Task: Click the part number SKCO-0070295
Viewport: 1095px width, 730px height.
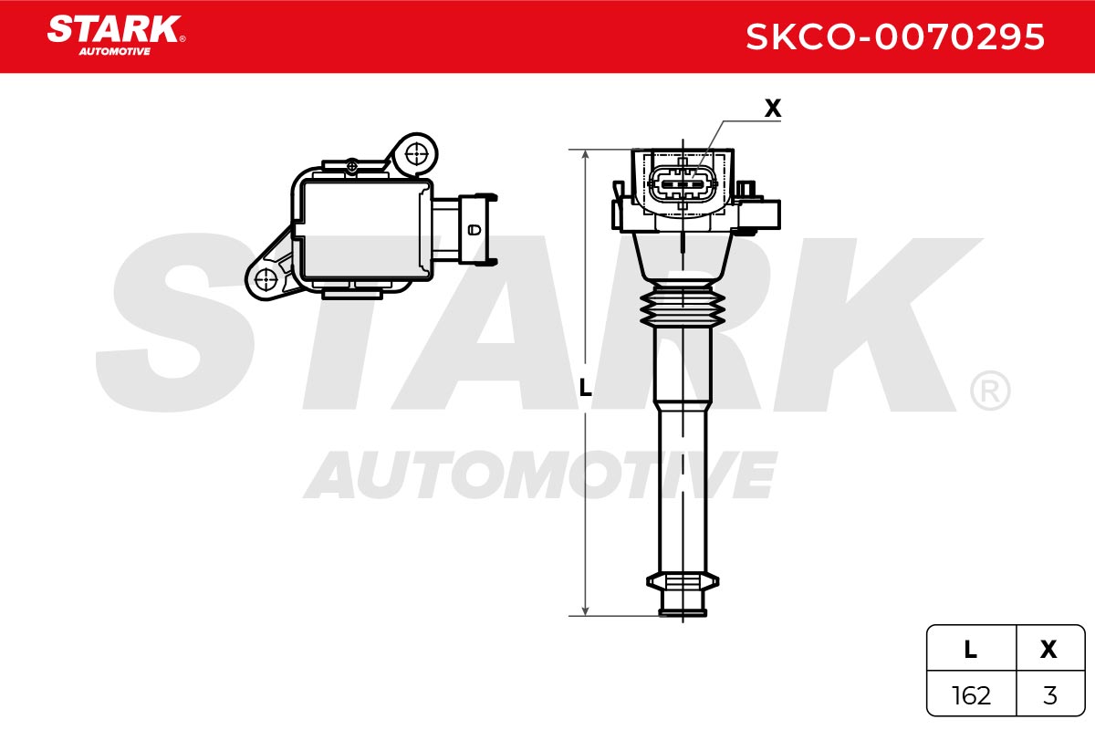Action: pos(895,37)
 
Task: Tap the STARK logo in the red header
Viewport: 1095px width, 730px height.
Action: pos(116,35)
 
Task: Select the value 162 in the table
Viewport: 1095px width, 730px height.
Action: pos(971,695)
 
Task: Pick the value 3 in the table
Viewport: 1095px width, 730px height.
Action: pos(1049,695)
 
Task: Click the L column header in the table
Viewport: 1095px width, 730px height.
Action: pos(970,650)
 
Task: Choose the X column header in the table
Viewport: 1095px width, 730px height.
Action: pos(1049,650)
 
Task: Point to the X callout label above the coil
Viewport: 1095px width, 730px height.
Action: pos(773,108)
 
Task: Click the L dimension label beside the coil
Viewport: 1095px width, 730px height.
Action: pos(585,388)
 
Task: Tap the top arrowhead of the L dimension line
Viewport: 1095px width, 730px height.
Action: pos(585,155)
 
